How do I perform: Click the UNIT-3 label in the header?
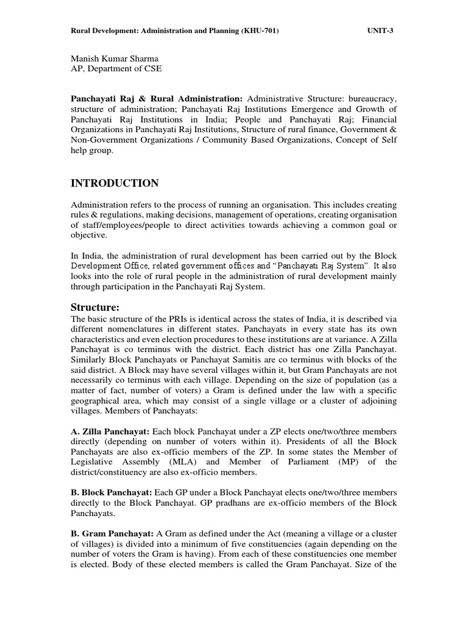pyautogui.click(x=381, y=30)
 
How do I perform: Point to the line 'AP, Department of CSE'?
pyautogui.click(x=116, y=68)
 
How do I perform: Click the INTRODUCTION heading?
pyautogui.click(x=115, y=183)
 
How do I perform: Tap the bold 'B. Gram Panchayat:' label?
pyautogui.click(x=112, y=533)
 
